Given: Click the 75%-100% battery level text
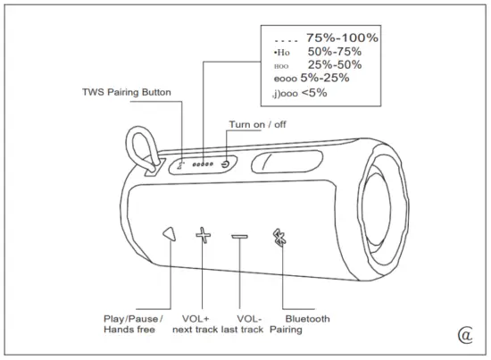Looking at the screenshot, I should pos(342,38).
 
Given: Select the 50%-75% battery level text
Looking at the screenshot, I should pos(334,52).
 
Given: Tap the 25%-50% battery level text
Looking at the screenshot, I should pos(334,65).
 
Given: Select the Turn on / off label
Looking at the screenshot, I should pos(258,125).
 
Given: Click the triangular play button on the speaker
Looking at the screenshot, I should pos(170,234).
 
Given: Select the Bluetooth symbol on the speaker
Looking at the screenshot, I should pos(279,238).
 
